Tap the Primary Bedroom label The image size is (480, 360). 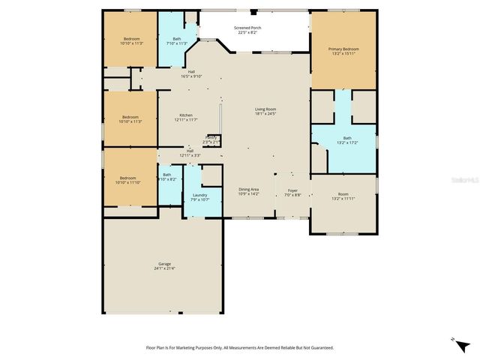(343, 49)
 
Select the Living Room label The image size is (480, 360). (265, 109)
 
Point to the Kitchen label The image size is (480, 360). (185, 115)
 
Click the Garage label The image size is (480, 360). (164, 263)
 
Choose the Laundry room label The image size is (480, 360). (199, 195)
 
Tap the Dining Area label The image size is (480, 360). (248, 189)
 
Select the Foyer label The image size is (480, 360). (293, 190)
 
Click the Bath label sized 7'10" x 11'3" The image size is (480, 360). (177, 39)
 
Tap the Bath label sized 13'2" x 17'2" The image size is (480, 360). (347, 138)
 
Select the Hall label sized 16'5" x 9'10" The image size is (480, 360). (191, 72)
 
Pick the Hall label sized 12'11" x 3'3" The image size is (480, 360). (190, 151)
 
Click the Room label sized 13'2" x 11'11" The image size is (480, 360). (343, 194)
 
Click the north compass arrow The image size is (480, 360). (453, 339)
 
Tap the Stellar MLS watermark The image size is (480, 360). (464, 180)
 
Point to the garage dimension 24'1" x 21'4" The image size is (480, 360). (164, 268)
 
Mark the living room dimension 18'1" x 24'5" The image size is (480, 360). (265, 114)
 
